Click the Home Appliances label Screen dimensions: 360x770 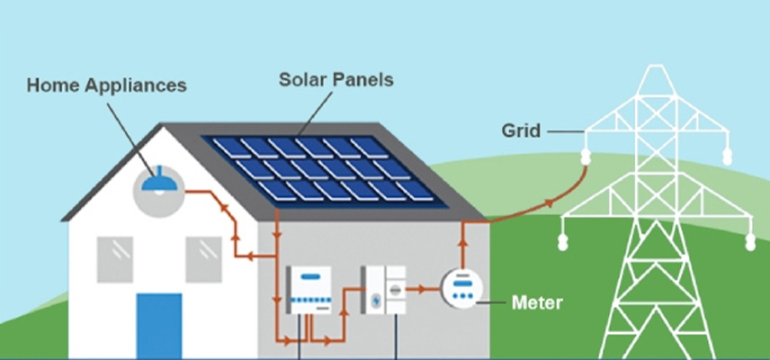pos(106,86)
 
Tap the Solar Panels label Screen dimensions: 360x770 pos(336,80)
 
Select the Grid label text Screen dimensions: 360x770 pos(521,131)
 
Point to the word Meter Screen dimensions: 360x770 pos(536,301)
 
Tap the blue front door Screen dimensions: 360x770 pos(159,325)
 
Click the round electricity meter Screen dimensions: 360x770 pos(462,287)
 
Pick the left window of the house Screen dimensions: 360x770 pos(114,259)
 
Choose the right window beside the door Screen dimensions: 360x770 pos(203,259)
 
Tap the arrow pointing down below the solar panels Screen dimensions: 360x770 pos(276,235)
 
